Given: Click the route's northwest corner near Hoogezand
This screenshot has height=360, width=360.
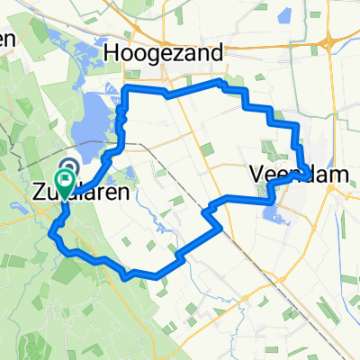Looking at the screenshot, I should [x=125, y=88].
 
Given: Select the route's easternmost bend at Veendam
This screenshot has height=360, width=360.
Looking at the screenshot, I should [x=310, y=172].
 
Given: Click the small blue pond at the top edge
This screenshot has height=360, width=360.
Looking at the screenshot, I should [x=287, y=15].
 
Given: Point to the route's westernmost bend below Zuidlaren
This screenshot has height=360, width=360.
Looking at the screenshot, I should [x=52, y=236].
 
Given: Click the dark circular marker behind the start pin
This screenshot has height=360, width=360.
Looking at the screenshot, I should [x=69, y=166].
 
